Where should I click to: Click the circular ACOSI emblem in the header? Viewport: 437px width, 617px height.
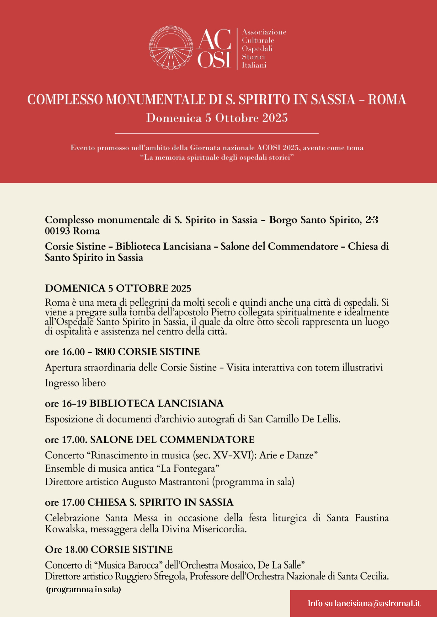point(171,48)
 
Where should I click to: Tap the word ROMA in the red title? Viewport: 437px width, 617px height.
point(387,99)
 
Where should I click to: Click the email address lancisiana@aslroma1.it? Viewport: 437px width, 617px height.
point(377,604)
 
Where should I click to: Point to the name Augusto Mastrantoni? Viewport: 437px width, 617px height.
point(165,482)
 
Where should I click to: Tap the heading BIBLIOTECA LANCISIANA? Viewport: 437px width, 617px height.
point(156,403)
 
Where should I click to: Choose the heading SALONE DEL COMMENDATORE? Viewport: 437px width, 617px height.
point(172,439)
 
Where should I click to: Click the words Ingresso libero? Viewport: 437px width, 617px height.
point(75,383)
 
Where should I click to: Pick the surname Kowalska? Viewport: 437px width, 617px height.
point(65,529)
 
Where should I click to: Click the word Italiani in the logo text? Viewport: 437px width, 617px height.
point(254,65)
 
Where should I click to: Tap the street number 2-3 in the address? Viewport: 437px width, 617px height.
point(372,220)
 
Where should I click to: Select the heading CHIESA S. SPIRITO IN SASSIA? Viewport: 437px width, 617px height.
point(160,502)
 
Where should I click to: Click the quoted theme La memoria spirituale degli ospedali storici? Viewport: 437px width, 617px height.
point(217,157)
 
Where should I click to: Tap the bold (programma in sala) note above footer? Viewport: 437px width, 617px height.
point(83,589)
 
